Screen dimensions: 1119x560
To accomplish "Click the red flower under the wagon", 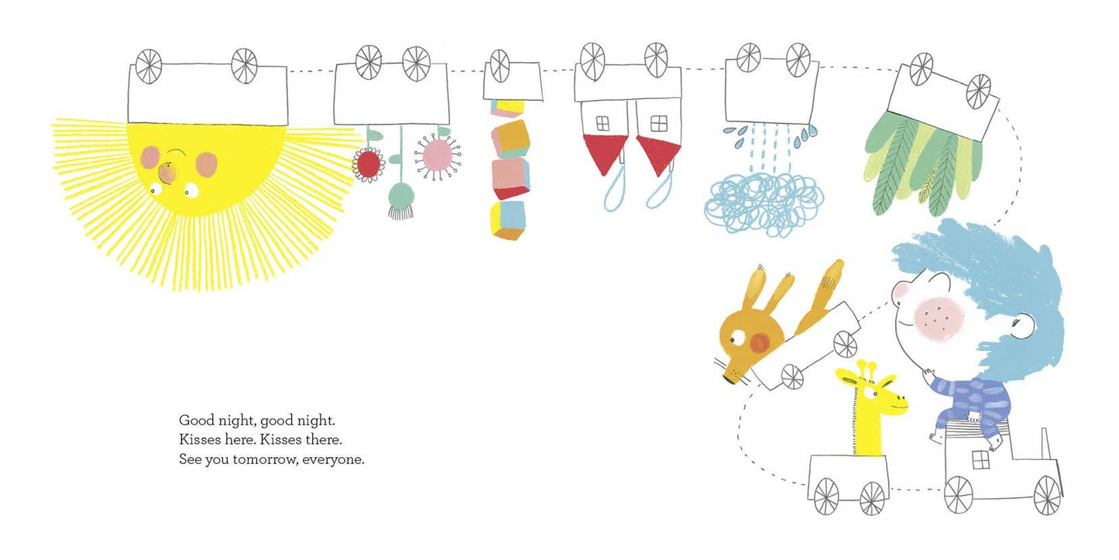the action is tap(369, 165).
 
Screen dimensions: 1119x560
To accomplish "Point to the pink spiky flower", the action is tap(438, 156).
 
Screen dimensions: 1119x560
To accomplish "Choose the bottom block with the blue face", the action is tap(509, 220).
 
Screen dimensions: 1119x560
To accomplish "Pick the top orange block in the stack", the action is tap(510, 139).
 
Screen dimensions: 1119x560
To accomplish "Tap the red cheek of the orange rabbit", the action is tap(760, 342).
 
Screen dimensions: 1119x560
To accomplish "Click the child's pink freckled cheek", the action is tap(938, 320).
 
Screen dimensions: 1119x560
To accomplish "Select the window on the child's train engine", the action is tap(980, 459).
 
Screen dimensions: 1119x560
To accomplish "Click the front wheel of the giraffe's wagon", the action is tap(872, 499).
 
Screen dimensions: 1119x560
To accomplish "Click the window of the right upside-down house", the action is tap(659, 123).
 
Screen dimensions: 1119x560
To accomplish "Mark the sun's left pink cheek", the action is tap(150, 157).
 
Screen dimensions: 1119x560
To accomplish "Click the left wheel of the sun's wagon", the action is tap(149, 67).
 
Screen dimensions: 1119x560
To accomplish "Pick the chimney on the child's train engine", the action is tap(1045, 444).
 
